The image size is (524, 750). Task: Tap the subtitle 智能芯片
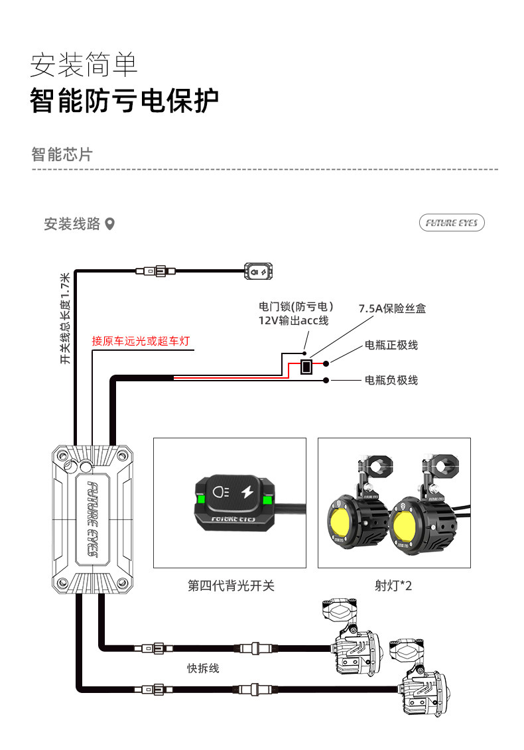coord(62,155)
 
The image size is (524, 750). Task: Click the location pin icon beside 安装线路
coord(110,224)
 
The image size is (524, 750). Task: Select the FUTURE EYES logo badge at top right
coord(452,223)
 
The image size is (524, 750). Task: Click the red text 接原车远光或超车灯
coord(141,341)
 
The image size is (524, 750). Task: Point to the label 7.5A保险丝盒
coord(392,308)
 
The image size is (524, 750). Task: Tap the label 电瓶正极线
coord(391,345)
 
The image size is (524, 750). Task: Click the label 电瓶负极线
coord(391,380)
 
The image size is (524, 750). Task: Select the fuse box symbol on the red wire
coord(306,366)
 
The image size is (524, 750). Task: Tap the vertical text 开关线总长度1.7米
coord(64,318)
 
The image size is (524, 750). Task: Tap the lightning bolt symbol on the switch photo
coord(246,492)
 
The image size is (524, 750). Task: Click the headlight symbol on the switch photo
coord(222,492)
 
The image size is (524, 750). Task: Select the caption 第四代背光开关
coord(230,586)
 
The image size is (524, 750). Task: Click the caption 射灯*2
coord(393,586)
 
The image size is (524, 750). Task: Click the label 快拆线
coord(203,668)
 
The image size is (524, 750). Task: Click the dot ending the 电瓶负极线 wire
coord(326,380)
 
